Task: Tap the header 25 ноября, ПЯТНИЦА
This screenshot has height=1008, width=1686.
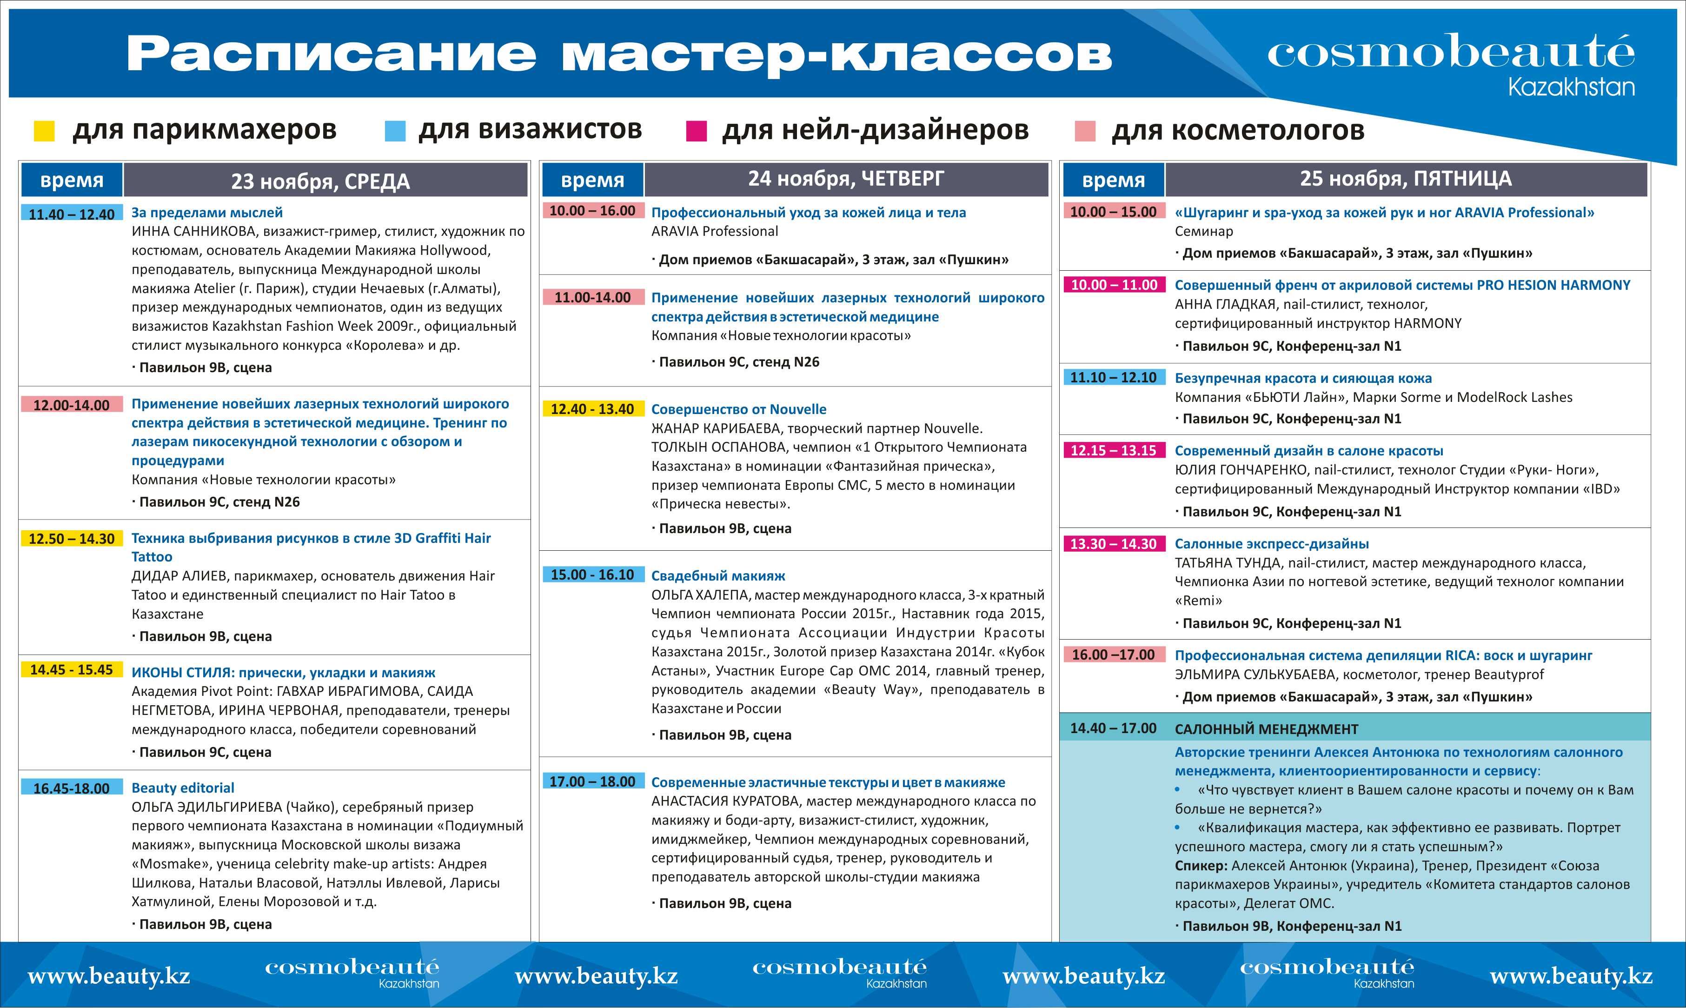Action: (1406, 179)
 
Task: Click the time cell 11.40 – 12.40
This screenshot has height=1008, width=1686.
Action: (71, 214)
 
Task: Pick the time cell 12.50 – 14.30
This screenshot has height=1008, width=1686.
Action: (71, 539)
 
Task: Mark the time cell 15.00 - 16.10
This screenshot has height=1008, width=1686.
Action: (592, 574)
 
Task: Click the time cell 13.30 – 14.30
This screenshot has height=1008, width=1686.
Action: (1113, 543)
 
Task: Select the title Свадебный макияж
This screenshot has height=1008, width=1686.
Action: (718, 576)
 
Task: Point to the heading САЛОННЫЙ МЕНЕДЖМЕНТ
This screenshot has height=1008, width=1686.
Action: (1267, 729)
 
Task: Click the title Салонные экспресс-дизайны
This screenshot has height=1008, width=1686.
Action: (1271, 543)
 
